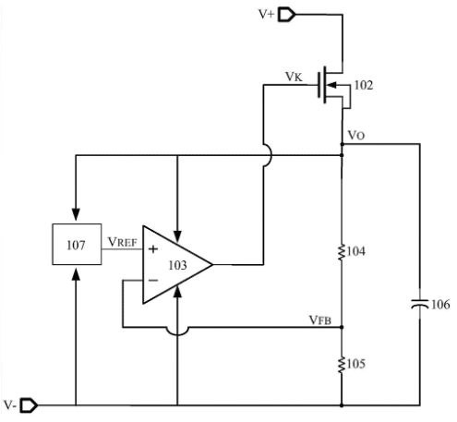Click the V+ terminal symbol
pos(286,15)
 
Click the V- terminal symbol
pos(29,405)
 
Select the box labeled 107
pos(77,244)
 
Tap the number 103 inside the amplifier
pos(177,265)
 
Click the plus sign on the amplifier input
pos(153,249)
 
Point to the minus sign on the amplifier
pos(153,280)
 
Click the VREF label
pos(122,242)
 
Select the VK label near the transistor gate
pos(294,77)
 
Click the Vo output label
pos(356,135)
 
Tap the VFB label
pos(320,320)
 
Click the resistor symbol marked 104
pos(342,252)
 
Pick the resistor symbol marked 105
pos(342,365)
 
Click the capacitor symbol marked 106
pos(420,304)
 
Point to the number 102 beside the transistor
pos(364,85)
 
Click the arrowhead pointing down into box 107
pos(76,214)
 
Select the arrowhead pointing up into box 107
pos(76,274)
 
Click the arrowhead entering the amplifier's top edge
pos(177,235)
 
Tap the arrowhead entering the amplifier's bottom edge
pos(177,291)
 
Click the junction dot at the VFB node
pos(342,327)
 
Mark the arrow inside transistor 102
pos(332,85)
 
